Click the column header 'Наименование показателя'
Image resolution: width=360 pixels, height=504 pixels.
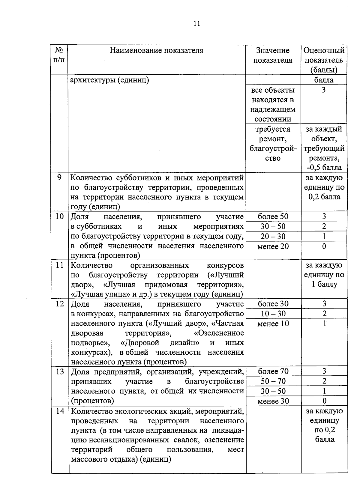156,50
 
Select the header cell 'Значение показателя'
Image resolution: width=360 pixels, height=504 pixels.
273,55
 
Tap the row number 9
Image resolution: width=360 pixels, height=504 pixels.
59,177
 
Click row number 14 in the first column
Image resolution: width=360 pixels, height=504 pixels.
60,411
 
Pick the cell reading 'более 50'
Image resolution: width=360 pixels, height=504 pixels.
273,216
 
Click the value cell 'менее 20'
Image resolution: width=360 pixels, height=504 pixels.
273,246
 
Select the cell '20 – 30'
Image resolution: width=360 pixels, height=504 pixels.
273,237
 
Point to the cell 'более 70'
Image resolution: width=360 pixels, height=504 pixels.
273,371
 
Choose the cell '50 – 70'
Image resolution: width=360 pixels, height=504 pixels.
273,381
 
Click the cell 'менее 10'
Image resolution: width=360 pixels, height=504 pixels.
273,324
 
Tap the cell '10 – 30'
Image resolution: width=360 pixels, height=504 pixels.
273,314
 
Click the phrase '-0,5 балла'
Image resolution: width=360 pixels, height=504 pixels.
324,168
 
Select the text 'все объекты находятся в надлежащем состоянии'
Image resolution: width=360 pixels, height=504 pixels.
273,104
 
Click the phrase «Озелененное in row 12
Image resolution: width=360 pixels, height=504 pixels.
219,333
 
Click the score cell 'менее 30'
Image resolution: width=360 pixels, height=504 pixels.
273,401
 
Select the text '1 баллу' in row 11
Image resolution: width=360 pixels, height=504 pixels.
324,284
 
